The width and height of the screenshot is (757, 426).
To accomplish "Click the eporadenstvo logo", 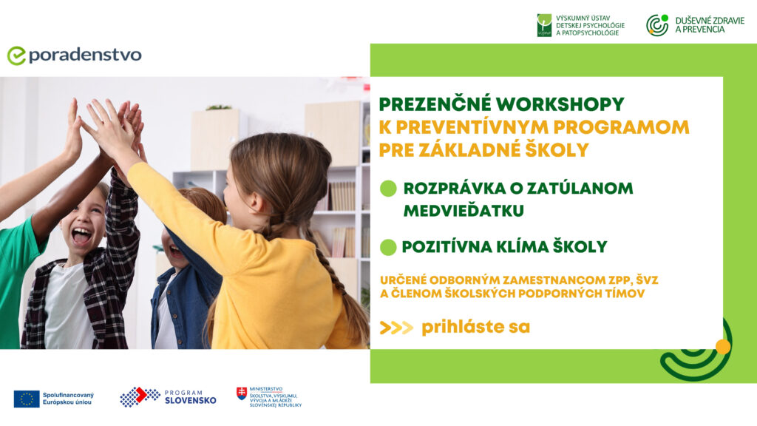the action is tap(75, 55).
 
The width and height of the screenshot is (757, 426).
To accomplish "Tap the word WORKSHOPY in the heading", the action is tap(560, 104).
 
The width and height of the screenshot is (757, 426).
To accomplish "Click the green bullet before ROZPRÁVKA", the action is tap(388, 189).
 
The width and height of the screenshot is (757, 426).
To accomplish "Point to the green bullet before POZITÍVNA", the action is tap(388, 247).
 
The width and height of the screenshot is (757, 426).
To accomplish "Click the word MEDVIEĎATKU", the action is tap(464, 211).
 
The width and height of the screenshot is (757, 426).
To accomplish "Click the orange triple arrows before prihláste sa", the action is tap(396, 328).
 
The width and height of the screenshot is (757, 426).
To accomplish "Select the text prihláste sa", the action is tap(475, 328).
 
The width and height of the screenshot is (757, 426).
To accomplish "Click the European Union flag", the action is tap(27, 399).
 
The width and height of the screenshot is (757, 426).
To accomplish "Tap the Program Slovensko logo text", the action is tap(190, 397).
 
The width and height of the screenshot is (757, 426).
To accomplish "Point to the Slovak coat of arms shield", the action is tap(242, 393).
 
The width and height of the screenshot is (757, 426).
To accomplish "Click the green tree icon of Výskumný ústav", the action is tap(544, 25).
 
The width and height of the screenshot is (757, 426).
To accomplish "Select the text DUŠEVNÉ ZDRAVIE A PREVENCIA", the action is tap(710, 25).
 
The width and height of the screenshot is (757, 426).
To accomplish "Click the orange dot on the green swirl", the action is tap(723, 346).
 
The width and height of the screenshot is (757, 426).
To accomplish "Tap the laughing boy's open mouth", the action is tap(81, 236).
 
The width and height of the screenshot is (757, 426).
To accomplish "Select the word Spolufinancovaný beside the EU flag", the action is tap(68, 395).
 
